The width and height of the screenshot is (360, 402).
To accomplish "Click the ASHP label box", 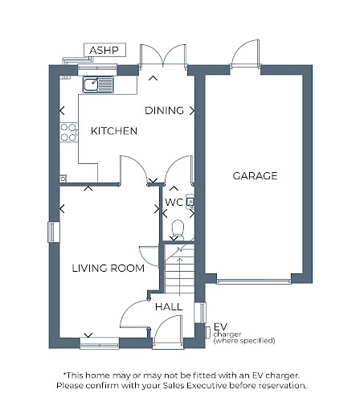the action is pyautogui.click(x=104, y=50).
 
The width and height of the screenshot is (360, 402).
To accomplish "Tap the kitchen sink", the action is pyautogui.click(x=98, y=84).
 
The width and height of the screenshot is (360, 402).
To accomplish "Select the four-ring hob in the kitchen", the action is pyautogui.click(x=68, y=132).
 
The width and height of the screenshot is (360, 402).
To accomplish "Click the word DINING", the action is pyautogui.click(x=164, y=110).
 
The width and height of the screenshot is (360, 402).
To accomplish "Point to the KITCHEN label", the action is pyautogui.click(x=114, y=131).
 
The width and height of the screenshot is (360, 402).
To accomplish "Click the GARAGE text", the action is pyautogui.click(x=255, y=176).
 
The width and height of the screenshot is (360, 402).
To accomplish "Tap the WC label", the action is pyautogui.click(x=174, y=203).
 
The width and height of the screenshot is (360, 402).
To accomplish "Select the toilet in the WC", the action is pyautogui.click(x=178, y=230).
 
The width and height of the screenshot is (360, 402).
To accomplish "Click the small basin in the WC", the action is pyautogui.click(x=190, y=201).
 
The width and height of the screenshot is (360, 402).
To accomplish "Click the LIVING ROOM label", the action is pyautogui.click(x=108, y=268).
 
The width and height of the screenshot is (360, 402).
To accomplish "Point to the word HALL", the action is pyautogui.click(x=169, y=307).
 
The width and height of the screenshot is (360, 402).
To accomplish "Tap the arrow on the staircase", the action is pyautogui.click(x=180, y=277).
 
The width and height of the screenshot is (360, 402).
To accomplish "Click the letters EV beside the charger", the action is pyautogui.click(x=220, y=326).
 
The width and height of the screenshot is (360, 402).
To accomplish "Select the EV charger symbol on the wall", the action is pyautogui.click(x=208, y=333).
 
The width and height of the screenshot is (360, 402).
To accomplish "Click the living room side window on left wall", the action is pyautogui.click(x=54, y=232).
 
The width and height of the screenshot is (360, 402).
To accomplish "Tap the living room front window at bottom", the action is pyautogui.click(x=100, y=343).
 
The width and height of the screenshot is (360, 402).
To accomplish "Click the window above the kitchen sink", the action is pyautogui.click(x=97, y=68).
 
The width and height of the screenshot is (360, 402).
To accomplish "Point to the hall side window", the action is pyautogui.click(x=200, y=312).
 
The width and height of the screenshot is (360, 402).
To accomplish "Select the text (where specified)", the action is pyautogui.click(x=244, y=341).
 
